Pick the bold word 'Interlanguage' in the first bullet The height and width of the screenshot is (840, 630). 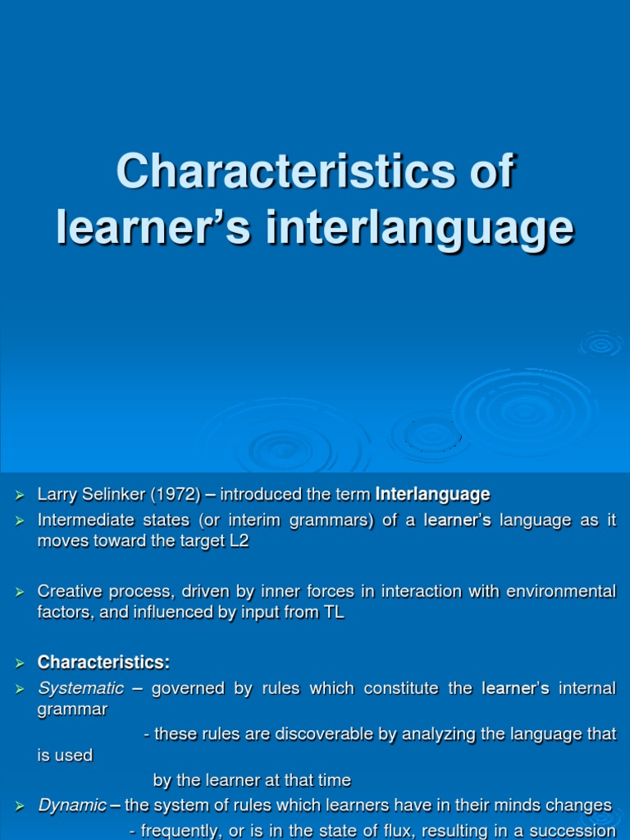tap(432, 495)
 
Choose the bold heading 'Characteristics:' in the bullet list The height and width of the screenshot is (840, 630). tap(103, 661)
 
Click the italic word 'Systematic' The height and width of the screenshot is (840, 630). tap(80, 688)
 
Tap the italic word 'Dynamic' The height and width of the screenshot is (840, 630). tap(72, 805)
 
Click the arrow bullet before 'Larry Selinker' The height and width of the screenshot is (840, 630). tap(21, 495)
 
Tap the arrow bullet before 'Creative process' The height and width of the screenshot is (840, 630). tap(21, 591)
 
